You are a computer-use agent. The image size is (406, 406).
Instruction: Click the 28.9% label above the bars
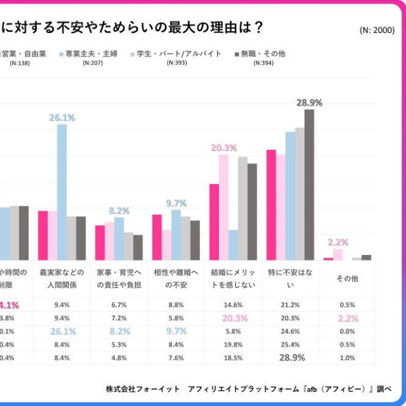(309, 102)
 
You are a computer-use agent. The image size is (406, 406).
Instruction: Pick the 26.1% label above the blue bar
(62, 117)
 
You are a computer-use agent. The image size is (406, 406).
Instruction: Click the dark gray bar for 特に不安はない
(309, 185)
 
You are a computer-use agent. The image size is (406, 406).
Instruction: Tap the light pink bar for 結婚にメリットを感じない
(224, 207)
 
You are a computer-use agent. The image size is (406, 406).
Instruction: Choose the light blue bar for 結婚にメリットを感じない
(233, 245)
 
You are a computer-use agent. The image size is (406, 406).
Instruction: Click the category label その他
(347, 278)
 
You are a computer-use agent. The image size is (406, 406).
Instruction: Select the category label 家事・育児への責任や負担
(119, 278)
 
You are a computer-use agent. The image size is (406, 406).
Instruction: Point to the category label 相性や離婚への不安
(176, 278)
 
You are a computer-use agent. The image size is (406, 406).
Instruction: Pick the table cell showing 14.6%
(233, 304)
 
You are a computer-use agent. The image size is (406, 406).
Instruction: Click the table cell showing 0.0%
(347, 331)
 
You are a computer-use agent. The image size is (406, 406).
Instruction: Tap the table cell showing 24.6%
(290, 331)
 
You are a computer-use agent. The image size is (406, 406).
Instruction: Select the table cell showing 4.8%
(119, 358)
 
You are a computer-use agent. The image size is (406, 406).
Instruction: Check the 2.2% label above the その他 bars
(337, 242)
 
